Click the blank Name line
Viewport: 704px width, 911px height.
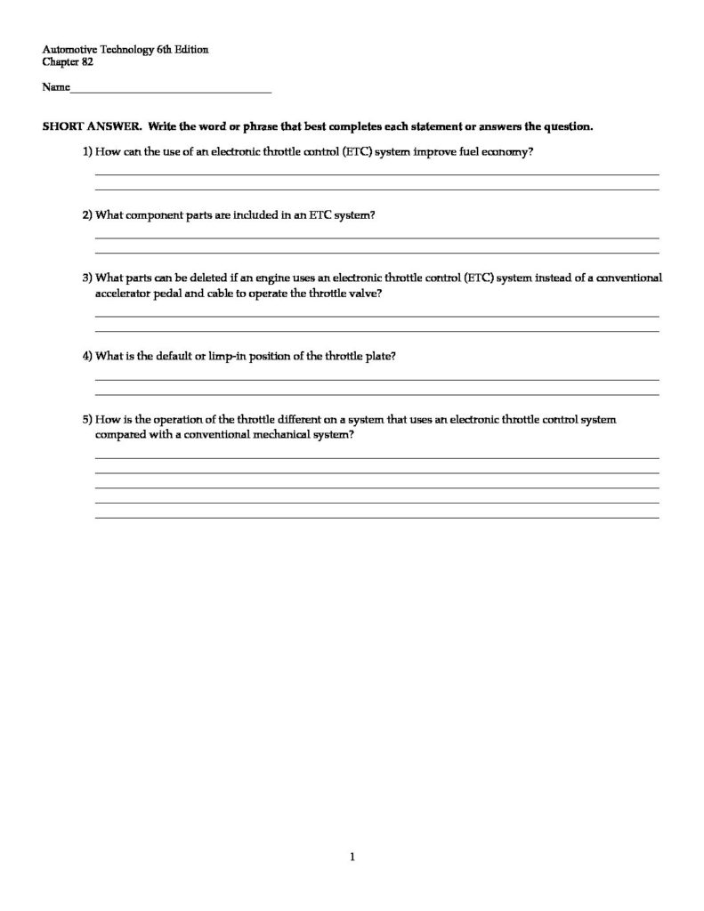click(170, 90)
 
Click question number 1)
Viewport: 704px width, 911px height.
click(87, 152)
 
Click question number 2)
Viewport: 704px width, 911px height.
click(87, 215)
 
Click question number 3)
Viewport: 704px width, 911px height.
click(87, 278)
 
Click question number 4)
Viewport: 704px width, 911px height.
click(87, 356)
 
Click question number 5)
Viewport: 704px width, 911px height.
click(87, 419)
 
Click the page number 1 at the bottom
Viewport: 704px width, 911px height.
click(352, 858)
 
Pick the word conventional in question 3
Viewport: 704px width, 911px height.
click(628, 278)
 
